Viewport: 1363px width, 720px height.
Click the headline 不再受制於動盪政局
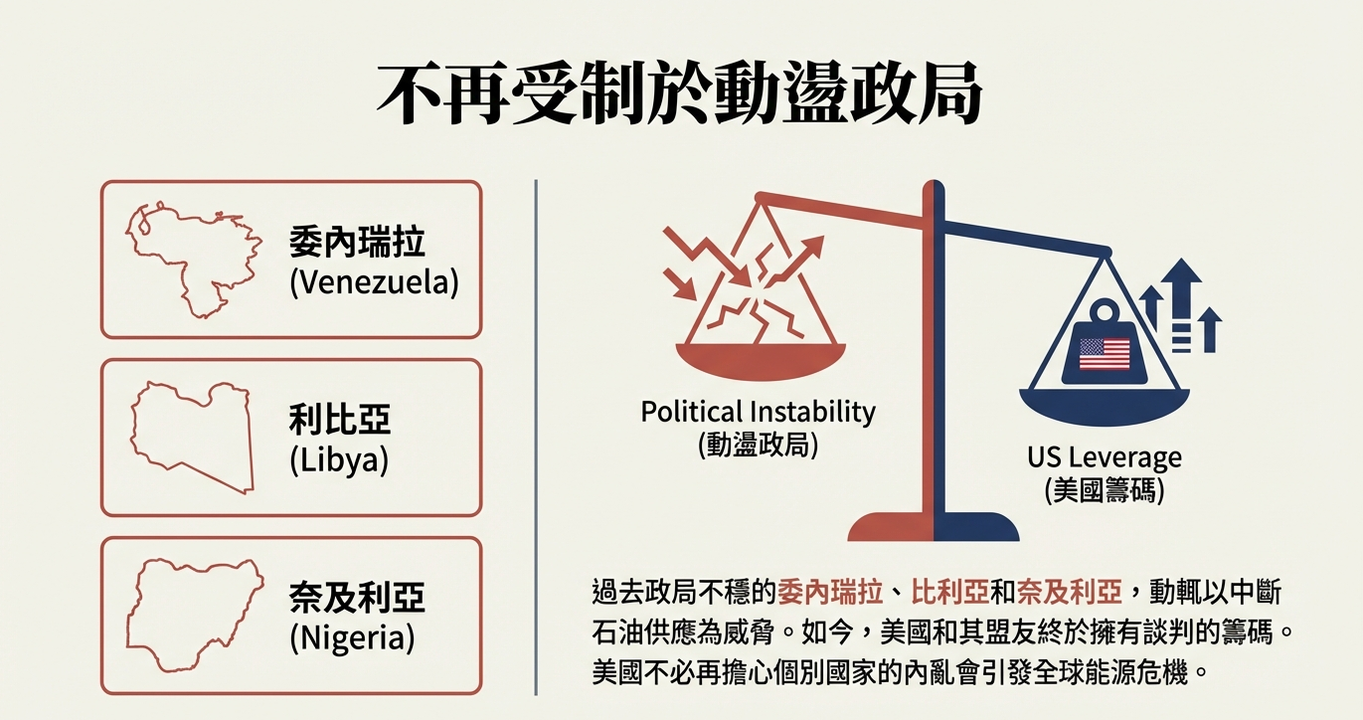[679, 92]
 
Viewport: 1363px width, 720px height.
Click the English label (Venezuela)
[374, 282]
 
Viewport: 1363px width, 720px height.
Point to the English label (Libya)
[339, 460]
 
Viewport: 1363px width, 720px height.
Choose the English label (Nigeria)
[352, 637]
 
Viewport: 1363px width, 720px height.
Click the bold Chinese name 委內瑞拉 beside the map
[357, 242]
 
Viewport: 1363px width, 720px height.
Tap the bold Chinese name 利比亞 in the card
[340, 420]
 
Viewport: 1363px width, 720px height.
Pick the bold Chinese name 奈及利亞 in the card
[357, 597]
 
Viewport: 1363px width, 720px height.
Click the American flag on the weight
[1105, 354]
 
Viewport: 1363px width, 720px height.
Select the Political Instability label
[759, 412]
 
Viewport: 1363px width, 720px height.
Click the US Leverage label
[1105, 457]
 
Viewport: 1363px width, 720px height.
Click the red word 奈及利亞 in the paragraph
[1069, 592]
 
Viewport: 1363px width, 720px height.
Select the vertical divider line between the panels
[536, 437]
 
